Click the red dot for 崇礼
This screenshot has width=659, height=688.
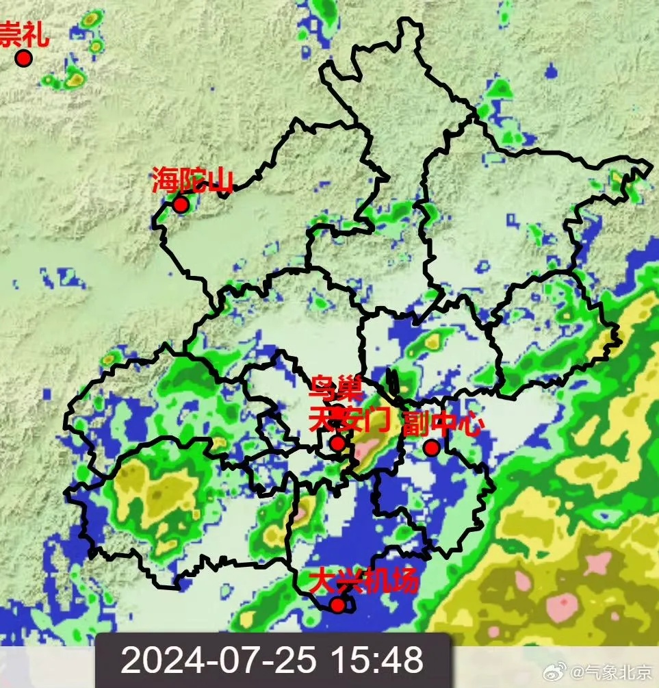pyautogui.click(x=24, y=58)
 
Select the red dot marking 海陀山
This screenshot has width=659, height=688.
pyautogui.click(x=181, y=204)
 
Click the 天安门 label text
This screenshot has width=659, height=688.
pyautogui.click(x=348, y=417)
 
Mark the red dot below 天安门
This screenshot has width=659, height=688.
pyautogui.click(x=337, y=444)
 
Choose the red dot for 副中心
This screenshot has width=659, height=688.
pyautogui.click(x=431, y=448)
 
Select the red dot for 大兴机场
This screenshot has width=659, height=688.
pyautogui.click(x=337, y=604)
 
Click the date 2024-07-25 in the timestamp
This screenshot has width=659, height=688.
pyautogui.click(x=219, y=661)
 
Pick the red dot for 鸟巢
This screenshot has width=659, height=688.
pyautogui.click(x=337, y=411)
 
